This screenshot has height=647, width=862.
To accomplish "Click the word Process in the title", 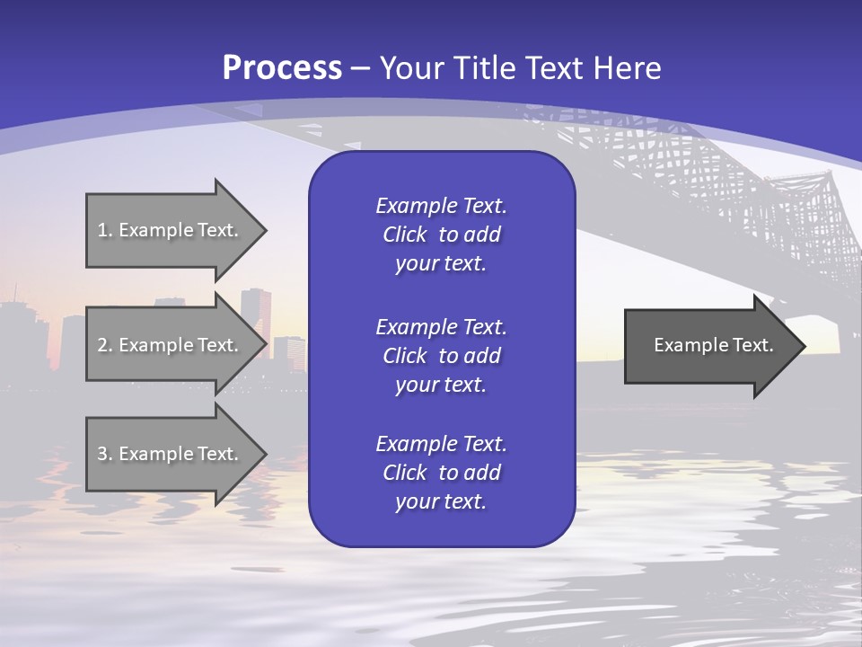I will coord(282,68).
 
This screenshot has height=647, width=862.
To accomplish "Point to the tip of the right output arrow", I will coord(804,346).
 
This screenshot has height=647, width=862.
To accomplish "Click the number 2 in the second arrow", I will coord(102,345).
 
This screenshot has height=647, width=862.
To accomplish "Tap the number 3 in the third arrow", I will coord(102,454).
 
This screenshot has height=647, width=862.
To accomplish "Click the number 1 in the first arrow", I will coord(101,230).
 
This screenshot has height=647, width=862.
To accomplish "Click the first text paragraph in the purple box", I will coord(441,235).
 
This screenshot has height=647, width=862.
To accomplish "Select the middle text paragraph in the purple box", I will coord(441,356).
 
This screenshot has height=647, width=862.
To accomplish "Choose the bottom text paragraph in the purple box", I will coord(441,473).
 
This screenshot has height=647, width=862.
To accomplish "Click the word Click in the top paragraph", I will coord(404,235).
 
